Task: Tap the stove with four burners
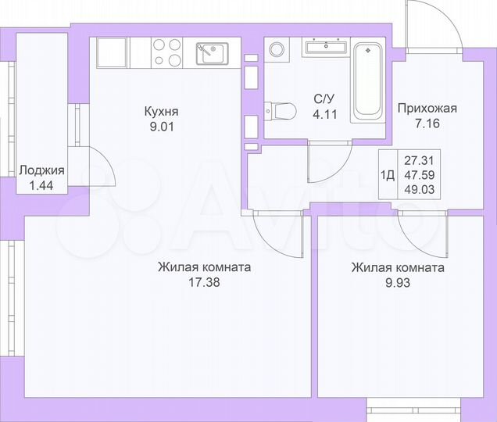(166, 52)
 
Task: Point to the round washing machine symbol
(278, 49)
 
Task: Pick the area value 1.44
(41, 185)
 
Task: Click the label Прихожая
(427, 109)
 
